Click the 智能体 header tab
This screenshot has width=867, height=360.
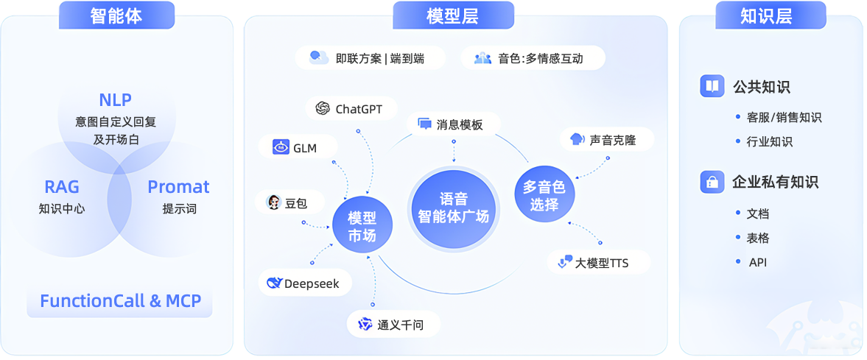click(116, 15)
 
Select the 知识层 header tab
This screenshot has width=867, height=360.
click(766, 15)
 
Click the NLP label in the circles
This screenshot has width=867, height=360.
click(116, 100)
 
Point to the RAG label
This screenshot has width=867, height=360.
click(62, 187)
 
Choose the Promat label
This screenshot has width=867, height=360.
click(178, 187)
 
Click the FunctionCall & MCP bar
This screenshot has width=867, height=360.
click(120, 301)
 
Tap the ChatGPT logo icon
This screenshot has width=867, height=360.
click(322, 109)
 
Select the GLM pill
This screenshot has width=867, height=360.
click(295, 148)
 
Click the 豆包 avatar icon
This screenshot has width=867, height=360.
click(273, 202)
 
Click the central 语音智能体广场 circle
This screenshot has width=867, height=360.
click(453, 208)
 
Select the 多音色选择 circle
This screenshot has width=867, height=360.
click(544, 196)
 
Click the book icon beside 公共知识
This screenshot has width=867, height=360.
click(712, 86)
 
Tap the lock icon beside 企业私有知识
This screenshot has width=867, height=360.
click(712, 181)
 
